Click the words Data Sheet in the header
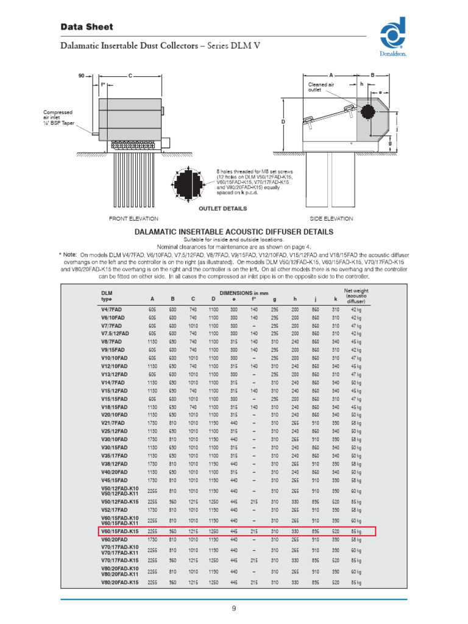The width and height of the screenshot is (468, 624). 87,27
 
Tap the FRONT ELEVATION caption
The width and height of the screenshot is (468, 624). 133,218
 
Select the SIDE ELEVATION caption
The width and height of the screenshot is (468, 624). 331,218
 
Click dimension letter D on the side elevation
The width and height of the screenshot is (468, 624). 283,122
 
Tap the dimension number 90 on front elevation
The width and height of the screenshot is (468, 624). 81,76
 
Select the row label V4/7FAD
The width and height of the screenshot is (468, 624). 112,310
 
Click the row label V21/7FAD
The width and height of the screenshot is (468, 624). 113,422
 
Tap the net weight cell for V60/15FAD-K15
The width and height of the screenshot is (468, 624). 356,531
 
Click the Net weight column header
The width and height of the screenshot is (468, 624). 356,296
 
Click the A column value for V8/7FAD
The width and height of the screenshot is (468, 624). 152,342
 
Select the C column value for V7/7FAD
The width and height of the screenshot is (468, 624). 193,326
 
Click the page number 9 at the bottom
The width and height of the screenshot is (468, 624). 233,609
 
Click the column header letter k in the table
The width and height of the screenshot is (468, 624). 335,299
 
